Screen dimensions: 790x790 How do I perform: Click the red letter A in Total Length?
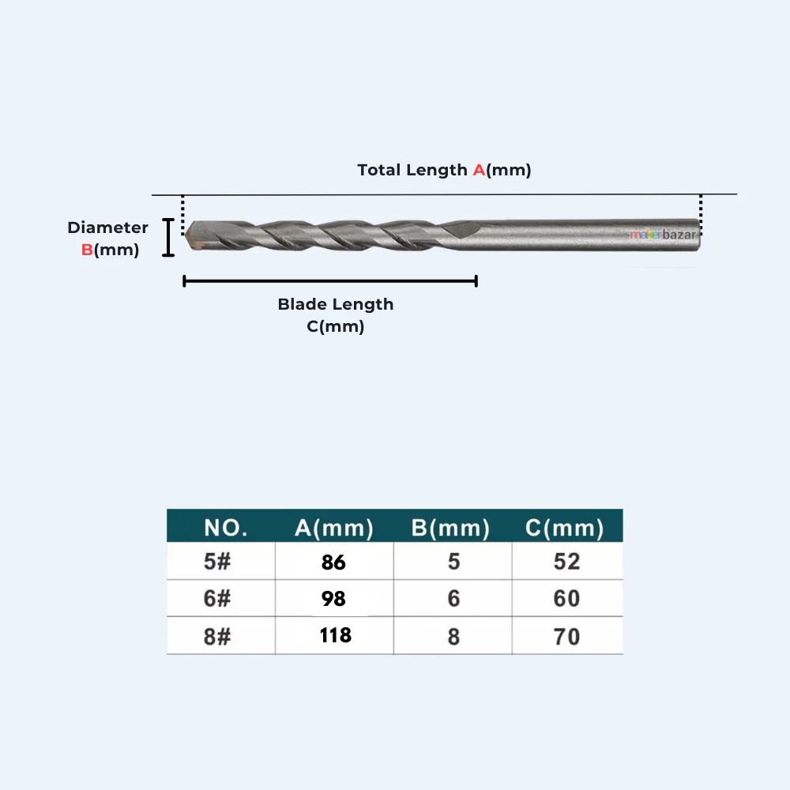pyautogui.click(x=479, y=171)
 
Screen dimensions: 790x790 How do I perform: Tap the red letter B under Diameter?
pyautogui.click(x=87, y=250)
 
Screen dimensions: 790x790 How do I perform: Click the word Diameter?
pyautogui.click(x=107, y=228)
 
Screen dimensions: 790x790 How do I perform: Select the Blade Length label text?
pyautogui.click(x=336, y=304)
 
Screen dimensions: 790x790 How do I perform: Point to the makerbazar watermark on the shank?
pyautogui.click(x=663, y=235)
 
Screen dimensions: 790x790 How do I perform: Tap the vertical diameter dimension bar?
pyautogui.click(x=168, y=237)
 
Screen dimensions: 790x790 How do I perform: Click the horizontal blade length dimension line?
pyautogui.click(x=330, y=281)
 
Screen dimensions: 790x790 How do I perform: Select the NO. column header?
pyautogui.click(x=226, y=528)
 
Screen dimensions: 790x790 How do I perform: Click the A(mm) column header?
pyautogui.click(x=334, y=528)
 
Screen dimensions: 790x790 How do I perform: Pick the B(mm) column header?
pyautogui.click(x=450, y=528)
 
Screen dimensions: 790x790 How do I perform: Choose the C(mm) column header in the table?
pyautogui.click(x=564, y=528)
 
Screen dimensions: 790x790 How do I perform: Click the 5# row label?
pyautogui.click(x=217, y=562)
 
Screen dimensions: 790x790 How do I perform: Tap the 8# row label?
pyautogui.click(x=217, y=637)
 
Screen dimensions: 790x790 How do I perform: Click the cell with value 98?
pyautogui.click(x=333, y=599)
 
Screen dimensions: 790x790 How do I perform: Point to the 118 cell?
pyautogui.click(x=336, y=635)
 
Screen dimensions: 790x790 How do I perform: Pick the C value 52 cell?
pyautogui.click(x=566, y=562)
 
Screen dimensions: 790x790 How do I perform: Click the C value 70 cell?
pyautogui.click(x=566, y=637)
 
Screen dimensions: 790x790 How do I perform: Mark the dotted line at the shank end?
pyautogui.click(x=701, y=216)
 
